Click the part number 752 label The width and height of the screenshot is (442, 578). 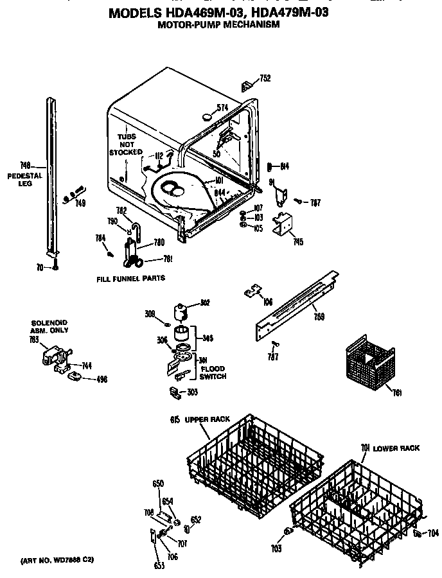coord(265,78)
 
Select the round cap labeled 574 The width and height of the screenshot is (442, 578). coord(208,117)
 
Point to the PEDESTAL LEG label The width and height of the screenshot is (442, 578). coord(25,179)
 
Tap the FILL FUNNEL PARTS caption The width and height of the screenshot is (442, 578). coord(130,278)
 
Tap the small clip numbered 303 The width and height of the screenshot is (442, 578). coord(174,391)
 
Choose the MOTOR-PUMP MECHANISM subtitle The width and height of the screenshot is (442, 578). coord(218,24)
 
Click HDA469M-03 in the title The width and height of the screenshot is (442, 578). coord(192,11)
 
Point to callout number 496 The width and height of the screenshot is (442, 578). coord(102,379)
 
